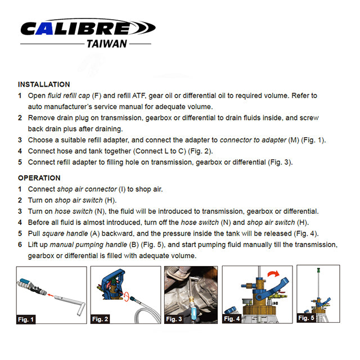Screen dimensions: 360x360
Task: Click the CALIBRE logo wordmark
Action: tap(84, 28)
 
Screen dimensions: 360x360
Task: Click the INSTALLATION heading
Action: tap(44, 84)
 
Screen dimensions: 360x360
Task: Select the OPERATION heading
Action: tap(39, 178)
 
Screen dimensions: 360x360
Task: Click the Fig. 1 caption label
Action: tap(25, 319)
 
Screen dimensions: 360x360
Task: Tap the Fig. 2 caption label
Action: tap(100, 319)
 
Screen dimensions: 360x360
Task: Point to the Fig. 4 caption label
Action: tap(232, 319)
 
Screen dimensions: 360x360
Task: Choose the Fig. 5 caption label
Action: tap(307, 318)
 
